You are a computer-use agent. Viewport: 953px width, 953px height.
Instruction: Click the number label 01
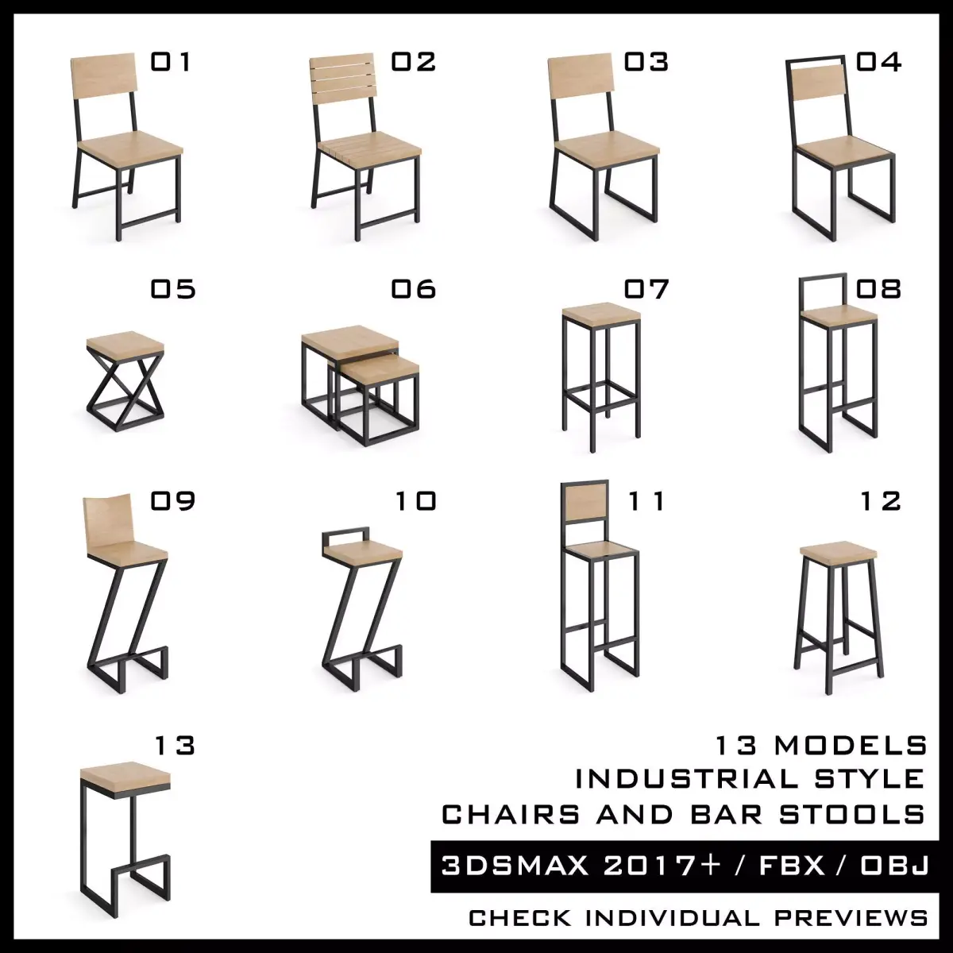[x=171, y=62]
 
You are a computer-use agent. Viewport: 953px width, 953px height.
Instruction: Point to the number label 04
[x=878, y=62]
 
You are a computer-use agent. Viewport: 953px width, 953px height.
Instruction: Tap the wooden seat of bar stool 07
[x=601, y=311]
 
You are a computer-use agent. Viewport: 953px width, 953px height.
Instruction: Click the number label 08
[x=878, y=289]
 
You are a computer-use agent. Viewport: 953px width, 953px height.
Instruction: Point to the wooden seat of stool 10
[x=363, y=550]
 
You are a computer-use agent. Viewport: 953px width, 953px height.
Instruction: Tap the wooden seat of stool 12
[x=838, y=550]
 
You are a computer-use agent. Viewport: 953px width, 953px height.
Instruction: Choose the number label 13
[x=174, y=746]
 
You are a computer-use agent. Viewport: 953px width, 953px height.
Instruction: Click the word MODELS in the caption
[x=851, y=746]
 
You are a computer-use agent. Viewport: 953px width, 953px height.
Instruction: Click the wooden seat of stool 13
[x=125, y=774]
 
